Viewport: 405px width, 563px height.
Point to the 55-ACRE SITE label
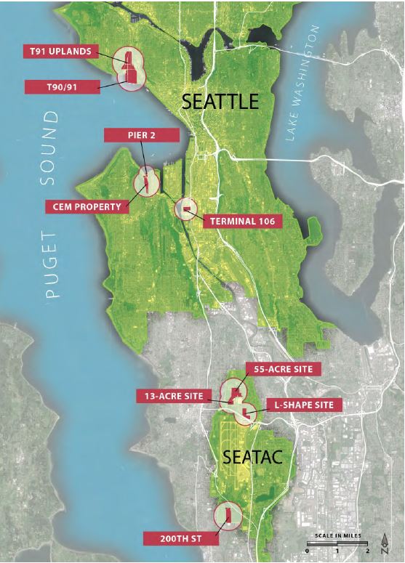[x=282, y=369]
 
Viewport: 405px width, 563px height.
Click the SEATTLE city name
[x=220, y=102]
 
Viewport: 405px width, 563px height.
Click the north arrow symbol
[x=385, y=543]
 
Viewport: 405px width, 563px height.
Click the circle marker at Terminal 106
[x=186, y=209]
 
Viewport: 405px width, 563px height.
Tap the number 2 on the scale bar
[x=369, y=551]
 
